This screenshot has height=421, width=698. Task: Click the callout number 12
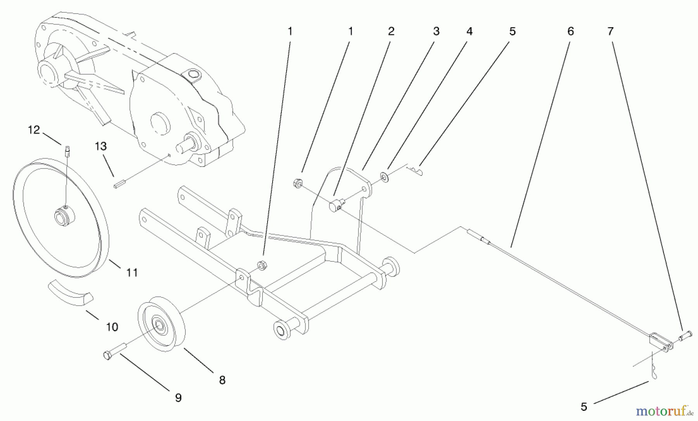coord(34,130)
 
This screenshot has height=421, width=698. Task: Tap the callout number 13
coord(100,146)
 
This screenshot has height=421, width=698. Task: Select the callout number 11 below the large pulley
coord(132,273)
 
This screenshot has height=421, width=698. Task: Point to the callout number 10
coord(112,327)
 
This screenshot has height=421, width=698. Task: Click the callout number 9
coord(178,398)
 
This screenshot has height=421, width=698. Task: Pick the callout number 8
coord(222,380)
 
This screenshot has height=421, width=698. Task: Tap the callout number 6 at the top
coord(570,31)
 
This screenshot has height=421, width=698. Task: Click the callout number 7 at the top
coord(610,31)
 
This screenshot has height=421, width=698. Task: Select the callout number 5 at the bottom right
coord(584,407)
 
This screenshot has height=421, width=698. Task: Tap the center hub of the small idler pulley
coord(159,325)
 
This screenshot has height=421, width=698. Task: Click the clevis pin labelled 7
coord(686,334)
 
